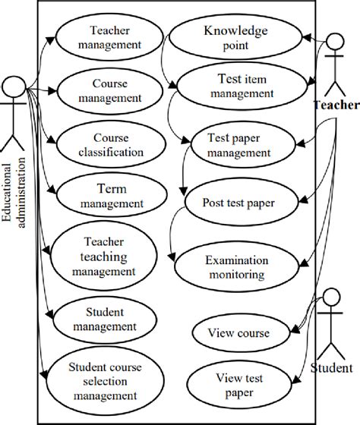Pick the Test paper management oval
coord(238,144)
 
